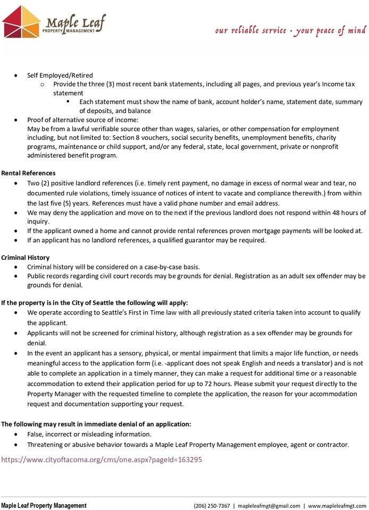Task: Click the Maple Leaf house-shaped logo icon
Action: pyautogui.click(x=21, y=21)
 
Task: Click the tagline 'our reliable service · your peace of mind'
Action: pyautogui.click(x=290, y=30)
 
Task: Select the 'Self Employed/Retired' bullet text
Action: pyautogui.click(x=60, y=75)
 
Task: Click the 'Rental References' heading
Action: pyautogui.click(x=28, y=173)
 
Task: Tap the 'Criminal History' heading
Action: pyautogui.click(x=26, y=258)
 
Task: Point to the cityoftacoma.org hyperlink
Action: pyautogui.click(x=101, y=460)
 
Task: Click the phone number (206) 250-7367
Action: pyautogui.click(x=212, y=506)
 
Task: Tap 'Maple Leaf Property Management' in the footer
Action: pyautogui.click(x=44, y=506)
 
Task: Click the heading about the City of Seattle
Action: pyautogui.click(x=94, y=303)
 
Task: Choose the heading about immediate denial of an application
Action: pyautogui.click(x=96, y=424)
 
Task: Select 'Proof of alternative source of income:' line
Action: pyautogui.click(x=82, y=120)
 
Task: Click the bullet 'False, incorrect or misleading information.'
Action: pyautogui.click(x=89, y=434)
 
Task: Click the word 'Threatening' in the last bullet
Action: pyautogui.click(x=46, y=445)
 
